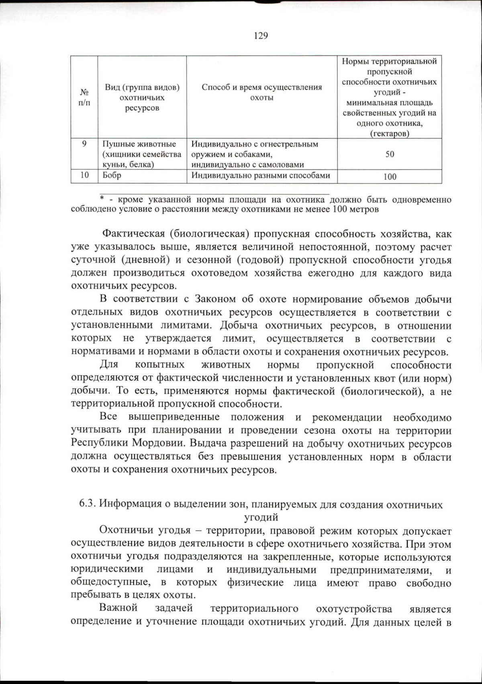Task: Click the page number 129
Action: coord(261,36)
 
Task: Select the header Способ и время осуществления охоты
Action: coord(261,92)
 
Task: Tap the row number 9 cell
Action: coord(84,144)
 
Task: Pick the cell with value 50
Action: coord(390,154)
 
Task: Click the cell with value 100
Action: coord(390,177)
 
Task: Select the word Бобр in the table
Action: coord(112,175)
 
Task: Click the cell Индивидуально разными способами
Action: coord(261,175)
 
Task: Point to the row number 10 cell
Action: coord(84,175)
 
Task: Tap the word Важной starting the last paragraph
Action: coord(118,608)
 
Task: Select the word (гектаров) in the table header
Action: coord(389,134)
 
